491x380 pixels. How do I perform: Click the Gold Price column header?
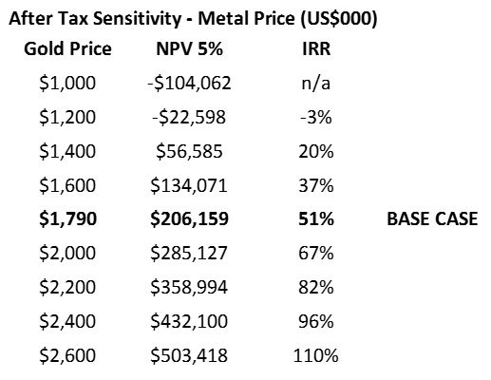[x=67, y=49]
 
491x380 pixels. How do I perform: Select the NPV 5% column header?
[x=190, y=49]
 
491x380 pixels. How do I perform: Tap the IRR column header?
[x=316, y=49]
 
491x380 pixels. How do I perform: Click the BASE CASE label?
[x=432, y=218]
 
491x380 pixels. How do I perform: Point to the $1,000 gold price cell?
[x=67, y=84]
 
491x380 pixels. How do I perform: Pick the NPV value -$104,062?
[x=189, y=84]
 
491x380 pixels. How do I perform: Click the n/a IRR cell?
[x=316, y=84]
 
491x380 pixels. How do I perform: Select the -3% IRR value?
[x=316, y=117]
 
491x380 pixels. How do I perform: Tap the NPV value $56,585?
[x=189, y=151]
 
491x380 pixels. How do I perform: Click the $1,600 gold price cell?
[x=67, y=185]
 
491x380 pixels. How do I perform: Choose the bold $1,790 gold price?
[x=67, y=219]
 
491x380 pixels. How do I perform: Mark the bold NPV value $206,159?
[x=189, y=219]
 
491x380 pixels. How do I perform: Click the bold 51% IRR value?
[x=316, y=219]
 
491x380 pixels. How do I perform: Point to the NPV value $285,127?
[x=189, y=254]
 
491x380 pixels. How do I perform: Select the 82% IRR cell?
[x=316, y=287]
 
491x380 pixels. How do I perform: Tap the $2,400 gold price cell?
[x=67, y=321]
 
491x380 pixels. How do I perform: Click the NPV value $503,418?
[x=189, y=355]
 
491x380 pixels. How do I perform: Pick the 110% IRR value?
[x=316, y=355]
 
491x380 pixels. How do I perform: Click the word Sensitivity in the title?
[x=137, y=19]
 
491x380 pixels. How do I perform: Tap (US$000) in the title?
[x=338, y=19]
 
